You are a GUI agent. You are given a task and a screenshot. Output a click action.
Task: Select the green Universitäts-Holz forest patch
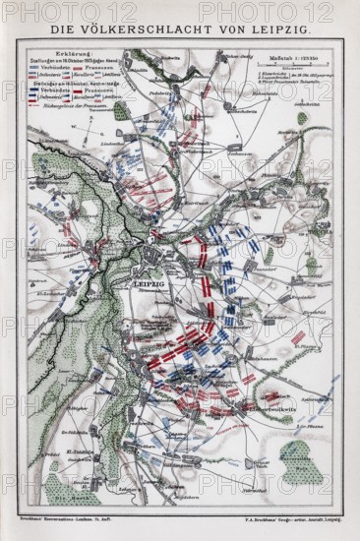pos(301,458)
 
